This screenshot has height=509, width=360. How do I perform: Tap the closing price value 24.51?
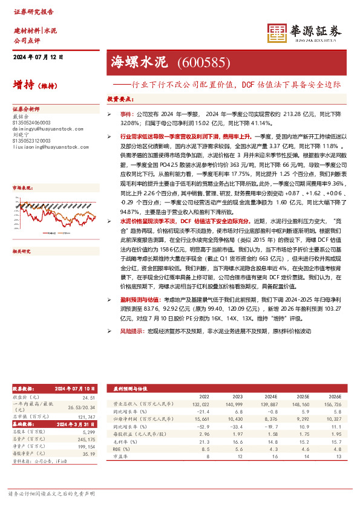[x=89, y=397]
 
